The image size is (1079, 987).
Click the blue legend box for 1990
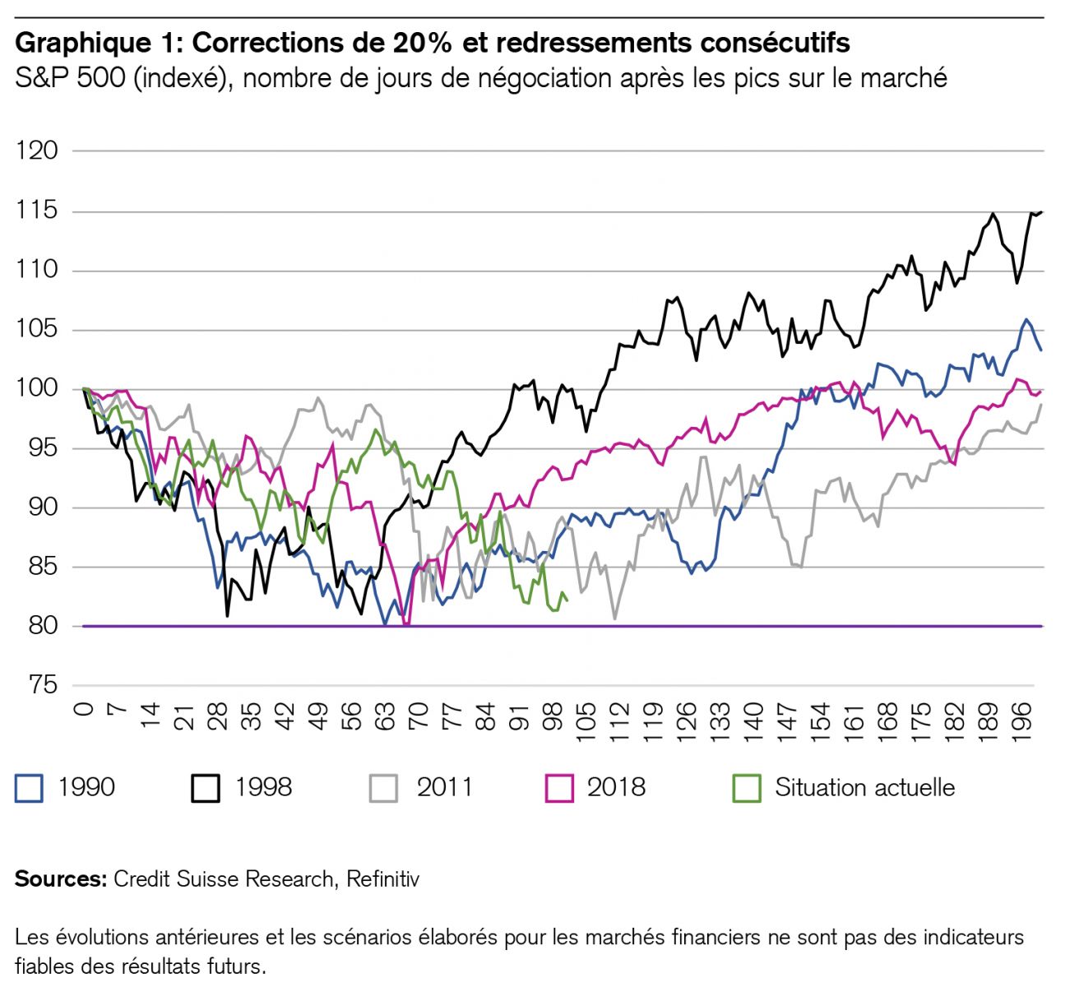[x=29, y=788]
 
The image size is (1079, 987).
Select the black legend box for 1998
[x=206, y=788]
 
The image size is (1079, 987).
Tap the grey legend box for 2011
[x=383, y=788]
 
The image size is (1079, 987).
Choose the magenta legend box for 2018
[x=559, y=788]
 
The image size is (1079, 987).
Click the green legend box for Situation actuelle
[x=747, y=788]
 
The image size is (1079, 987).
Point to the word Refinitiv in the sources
[x=382, y=879]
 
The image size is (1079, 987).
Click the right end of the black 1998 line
[x=1042, y=212]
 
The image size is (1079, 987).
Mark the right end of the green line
[x=567, y=600]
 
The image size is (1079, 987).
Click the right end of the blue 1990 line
[x=1042, y=350]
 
